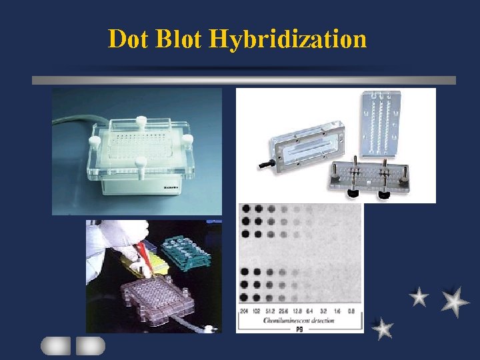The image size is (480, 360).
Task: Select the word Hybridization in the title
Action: (287, 40)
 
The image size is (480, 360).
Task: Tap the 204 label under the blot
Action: (243, 311)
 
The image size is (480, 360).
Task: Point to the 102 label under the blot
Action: (257, 311)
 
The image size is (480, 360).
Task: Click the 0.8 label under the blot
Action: (351, 311)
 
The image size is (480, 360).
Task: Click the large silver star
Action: (455, 301)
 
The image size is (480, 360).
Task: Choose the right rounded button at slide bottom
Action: (90, 345)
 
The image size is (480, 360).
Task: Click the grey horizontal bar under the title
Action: (243, 80)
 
